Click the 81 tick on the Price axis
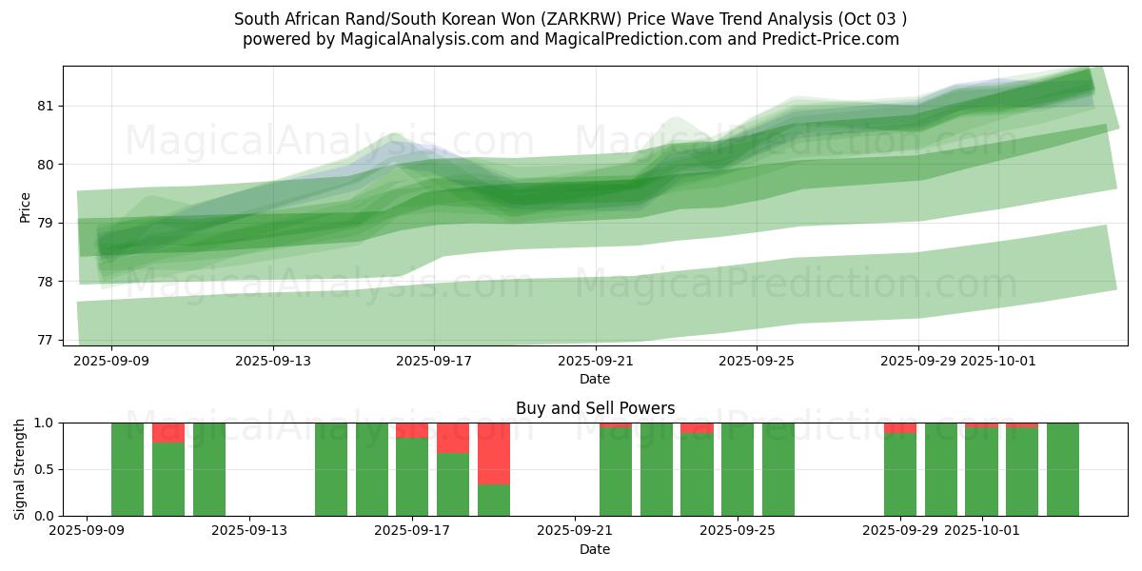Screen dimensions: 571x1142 point(45,106)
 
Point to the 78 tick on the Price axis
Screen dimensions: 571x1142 point(45,282)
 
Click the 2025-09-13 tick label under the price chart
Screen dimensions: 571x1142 point(273,361)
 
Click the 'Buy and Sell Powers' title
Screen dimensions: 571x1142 point(595,408)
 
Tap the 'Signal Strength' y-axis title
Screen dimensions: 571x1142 point(19,469)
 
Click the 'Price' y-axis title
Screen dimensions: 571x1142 point(25,207)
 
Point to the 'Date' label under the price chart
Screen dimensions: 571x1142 point(595,379)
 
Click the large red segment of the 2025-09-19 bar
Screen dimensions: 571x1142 point(494,453)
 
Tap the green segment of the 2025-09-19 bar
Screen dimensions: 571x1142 point(494,500)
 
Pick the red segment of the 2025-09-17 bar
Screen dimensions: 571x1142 point(412,430)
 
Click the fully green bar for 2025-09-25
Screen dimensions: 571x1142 point(738,469)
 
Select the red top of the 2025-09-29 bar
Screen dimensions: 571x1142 point(900,428)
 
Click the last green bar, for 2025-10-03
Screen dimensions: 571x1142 point(1063,469)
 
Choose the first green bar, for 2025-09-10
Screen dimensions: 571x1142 point(128,469)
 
